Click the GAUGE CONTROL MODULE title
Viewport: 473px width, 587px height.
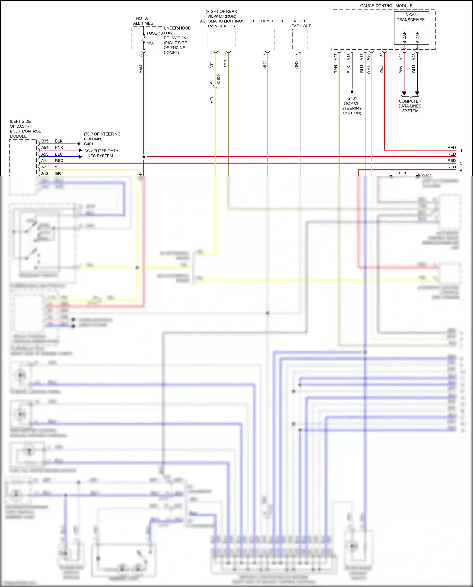(x=386, y=6)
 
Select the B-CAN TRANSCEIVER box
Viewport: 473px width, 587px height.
(x=411, y=28)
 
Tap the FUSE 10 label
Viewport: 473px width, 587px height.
(x=155, y=33)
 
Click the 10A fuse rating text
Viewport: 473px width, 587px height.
(x=150, y=43)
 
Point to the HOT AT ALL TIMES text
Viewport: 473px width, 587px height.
(x=143, y=21)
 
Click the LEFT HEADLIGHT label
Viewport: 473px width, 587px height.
(x=267, y=21)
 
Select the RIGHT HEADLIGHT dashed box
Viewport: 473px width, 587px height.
(x=300, y=39)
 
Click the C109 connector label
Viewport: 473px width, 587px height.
(x=219, y=79)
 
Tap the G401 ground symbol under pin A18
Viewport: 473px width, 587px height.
(x=352, y=92)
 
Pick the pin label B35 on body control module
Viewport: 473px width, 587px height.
(x=45, y=141)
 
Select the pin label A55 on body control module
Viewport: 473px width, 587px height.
(x=45, y=154)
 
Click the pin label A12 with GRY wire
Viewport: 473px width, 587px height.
(x=45, y=173)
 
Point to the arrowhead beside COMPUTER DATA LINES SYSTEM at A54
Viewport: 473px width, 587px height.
(x=80, y=150)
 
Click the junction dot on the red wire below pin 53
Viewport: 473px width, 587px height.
(x=144, y=157)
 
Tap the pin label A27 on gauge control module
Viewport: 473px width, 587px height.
(x=336, y=57)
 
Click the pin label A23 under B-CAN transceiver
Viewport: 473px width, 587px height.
(x=414, y=57)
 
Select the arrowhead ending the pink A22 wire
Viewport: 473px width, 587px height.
(x=404, y=94)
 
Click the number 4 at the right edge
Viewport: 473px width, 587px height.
(x=461, y=170)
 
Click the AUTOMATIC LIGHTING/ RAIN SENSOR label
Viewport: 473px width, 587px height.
(x=221, y=23)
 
